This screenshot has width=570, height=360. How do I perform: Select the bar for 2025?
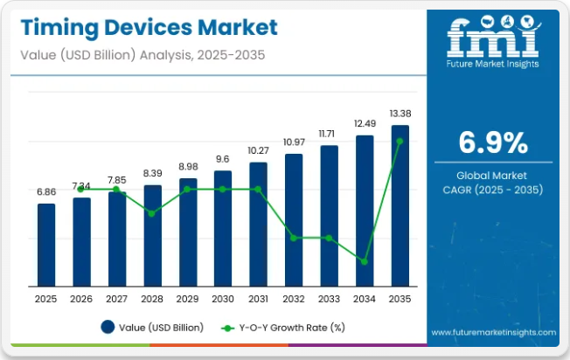(x=45, y=244)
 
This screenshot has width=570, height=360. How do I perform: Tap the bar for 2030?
(x=223, y=227)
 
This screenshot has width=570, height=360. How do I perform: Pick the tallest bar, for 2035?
(x=400, y=205)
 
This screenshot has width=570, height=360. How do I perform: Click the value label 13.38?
(x=400, y=113)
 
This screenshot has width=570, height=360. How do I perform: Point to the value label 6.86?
(x=45, y=191)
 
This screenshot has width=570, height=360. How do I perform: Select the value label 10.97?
(x=294, y=142)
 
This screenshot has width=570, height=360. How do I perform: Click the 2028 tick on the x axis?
(x=152, y=298)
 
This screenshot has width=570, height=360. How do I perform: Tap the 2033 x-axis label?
(x=329, y=298)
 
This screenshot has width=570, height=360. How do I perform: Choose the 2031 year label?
(x=258, y=298)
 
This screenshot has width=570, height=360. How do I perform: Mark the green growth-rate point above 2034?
(x=365, y=261)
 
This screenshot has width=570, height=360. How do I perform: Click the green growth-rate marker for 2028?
(x=152, y=213)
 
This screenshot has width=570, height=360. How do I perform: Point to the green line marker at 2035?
(x=400, y=141)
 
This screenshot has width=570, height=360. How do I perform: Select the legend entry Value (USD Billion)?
(x=152, y=328)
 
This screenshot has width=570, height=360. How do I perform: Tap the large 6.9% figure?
(x=493, y=142)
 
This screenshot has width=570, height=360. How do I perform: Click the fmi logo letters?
(x=493, y=38)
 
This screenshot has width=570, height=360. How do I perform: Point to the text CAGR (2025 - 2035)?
(x=493, y=190)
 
